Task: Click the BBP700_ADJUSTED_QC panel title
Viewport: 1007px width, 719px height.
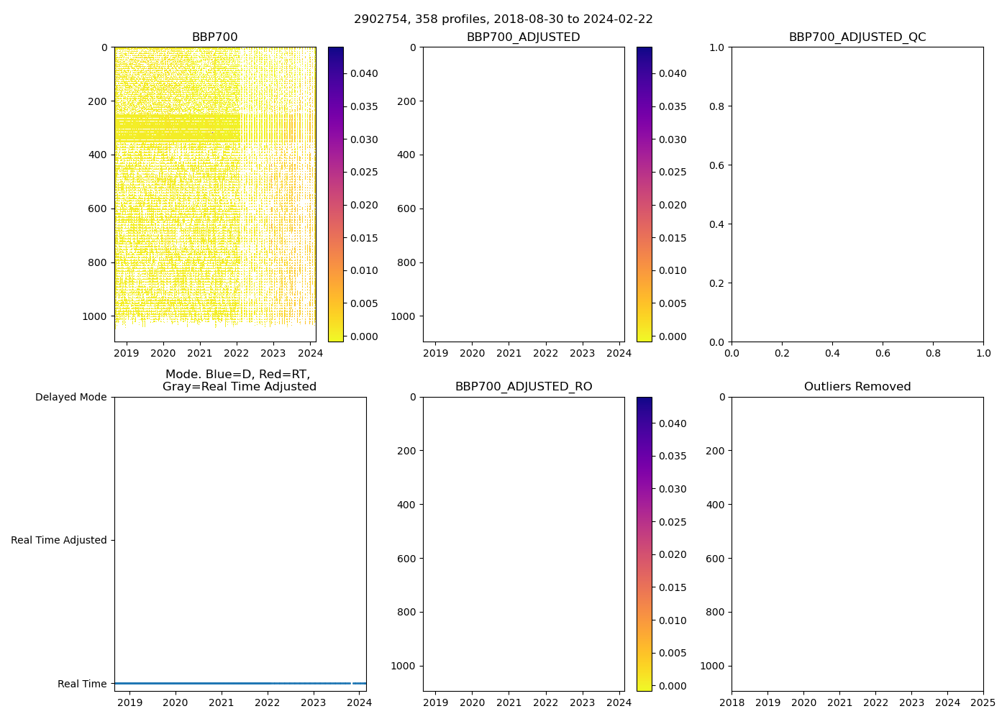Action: coord(857,37)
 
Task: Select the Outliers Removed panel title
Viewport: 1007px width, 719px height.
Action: coord(857,387)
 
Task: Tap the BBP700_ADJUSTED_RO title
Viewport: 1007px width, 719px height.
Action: coord(524,387)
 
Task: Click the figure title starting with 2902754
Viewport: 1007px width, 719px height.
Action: coord(503,19)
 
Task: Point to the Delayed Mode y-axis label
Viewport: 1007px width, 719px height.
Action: coord(70,397)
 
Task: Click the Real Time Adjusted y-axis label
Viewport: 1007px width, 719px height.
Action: coord(59,540)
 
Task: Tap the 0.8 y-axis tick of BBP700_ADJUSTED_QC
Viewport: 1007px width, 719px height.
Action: coord(718,106)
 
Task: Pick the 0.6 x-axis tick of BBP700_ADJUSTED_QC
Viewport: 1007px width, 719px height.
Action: coord(883,353)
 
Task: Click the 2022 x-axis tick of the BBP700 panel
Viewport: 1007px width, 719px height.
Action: coord(237,353)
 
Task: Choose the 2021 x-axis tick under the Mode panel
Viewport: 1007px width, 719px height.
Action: coord(222,702)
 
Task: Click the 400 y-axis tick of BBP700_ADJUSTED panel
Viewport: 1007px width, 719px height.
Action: coord(406,155)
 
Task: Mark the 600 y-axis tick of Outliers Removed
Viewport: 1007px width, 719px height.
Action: coord(715,559)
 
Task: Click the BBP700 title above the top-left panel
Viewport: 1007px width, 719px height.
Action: coord(214,37)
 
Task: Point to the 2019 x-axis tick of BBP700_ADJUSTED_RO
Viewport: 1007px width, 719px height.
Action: coord(435,702)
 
